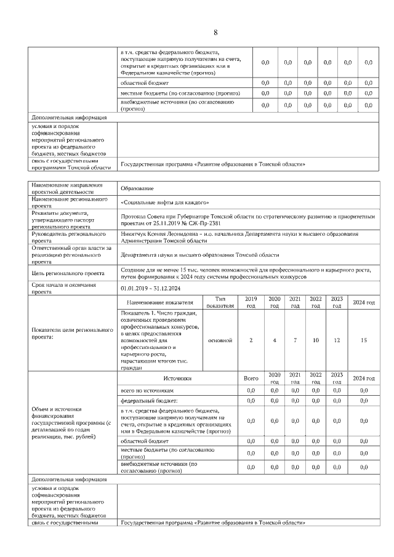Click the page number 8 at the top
tap(215, 33)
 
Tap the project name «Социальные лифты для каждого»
tap(165, 202)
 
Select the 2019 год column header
tap(251, 302)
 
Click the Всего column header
tap(251, 379)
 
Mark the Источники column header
tap(177, 379)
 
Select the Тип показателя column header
tap(220, 302)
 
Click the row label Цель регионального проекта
tap(66, 273)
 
